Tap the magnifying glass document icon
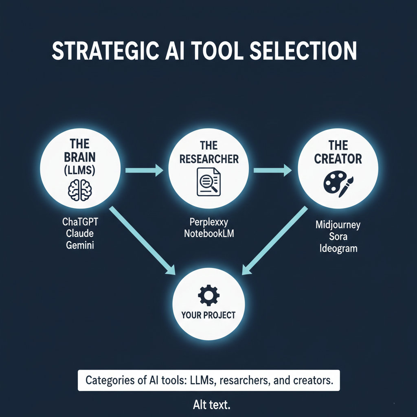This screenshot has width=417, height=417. [208, 182]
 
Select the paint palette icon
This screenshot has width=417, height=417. [338, 184]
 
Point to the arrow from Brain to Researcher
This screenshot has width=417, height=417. [145, 171]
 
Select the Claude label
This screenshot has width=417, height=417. [80, 234]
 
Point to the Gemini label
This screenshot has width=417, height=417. [80, 246]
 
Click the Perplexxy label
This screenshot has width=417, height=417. [208, 222]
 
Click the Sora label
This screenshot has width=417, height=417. [338, 236]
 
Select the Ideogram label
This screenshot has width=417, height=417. [338, 248]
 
